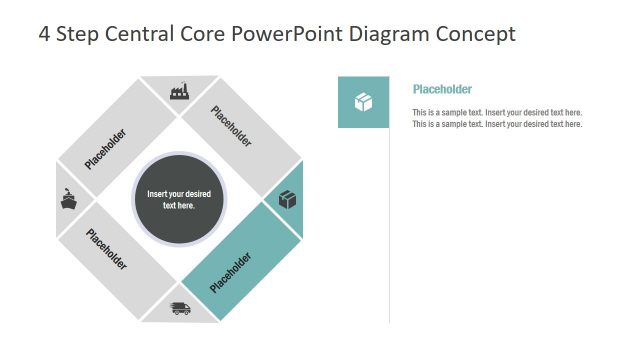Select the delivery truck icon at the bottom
(x=180, y=308)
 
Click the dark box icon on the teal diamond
(x=288, y=200)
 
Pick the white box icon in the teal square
(x=363, y=102)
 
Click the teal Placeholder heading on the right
(x=442, y=89)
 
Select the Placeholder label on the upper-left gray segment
(x=105, y=149)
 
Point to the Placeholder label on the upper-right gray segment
(x=232, y=127)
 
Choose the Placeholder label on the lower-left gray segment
(x=106, y=250)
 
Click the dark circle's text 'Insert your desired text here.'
(x=179, y=199)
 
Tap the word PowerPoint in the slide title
(x=286, y=34)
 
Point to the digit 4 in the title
(x=44, y=34)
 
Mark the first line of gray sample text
(x=497, y=113)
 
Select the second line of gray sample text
(x=497, y=124)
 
